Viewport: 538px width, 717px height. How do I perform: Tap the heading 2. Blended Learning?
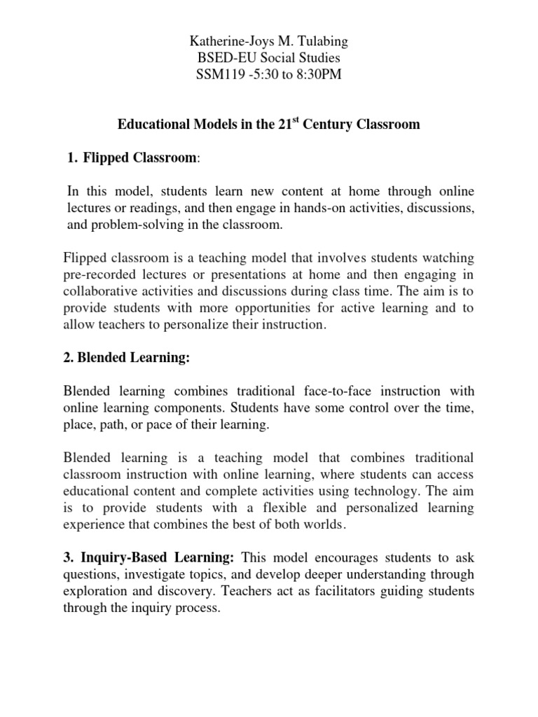126,358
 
